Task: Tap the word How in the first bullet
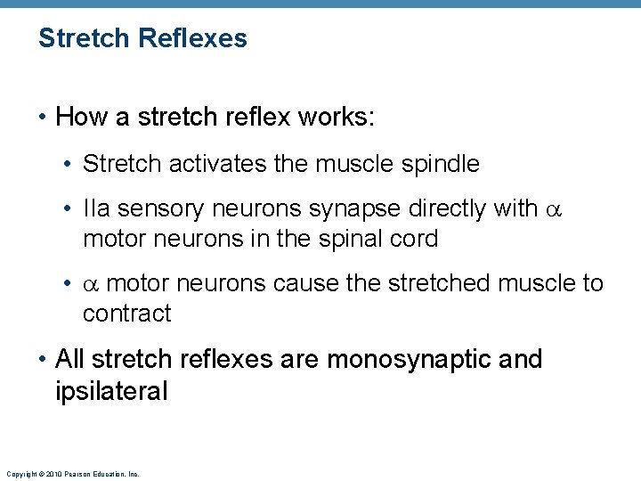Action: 79,117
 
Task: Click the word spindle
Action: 443,164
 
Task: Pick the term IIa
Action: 95,208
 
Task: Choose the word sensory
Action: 158,208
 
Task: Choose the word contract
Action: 126,314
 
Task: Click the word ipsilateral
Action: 111,391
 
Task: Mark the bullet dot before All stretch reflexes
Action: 44,360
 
